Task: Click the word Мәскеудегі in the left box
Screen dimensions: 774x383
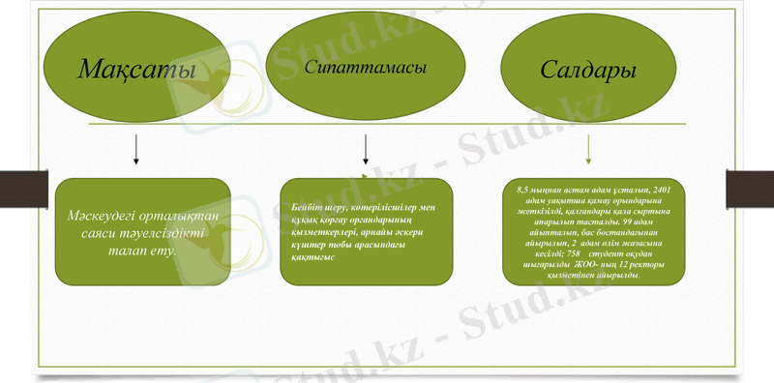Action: click(x=105, y=216)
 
